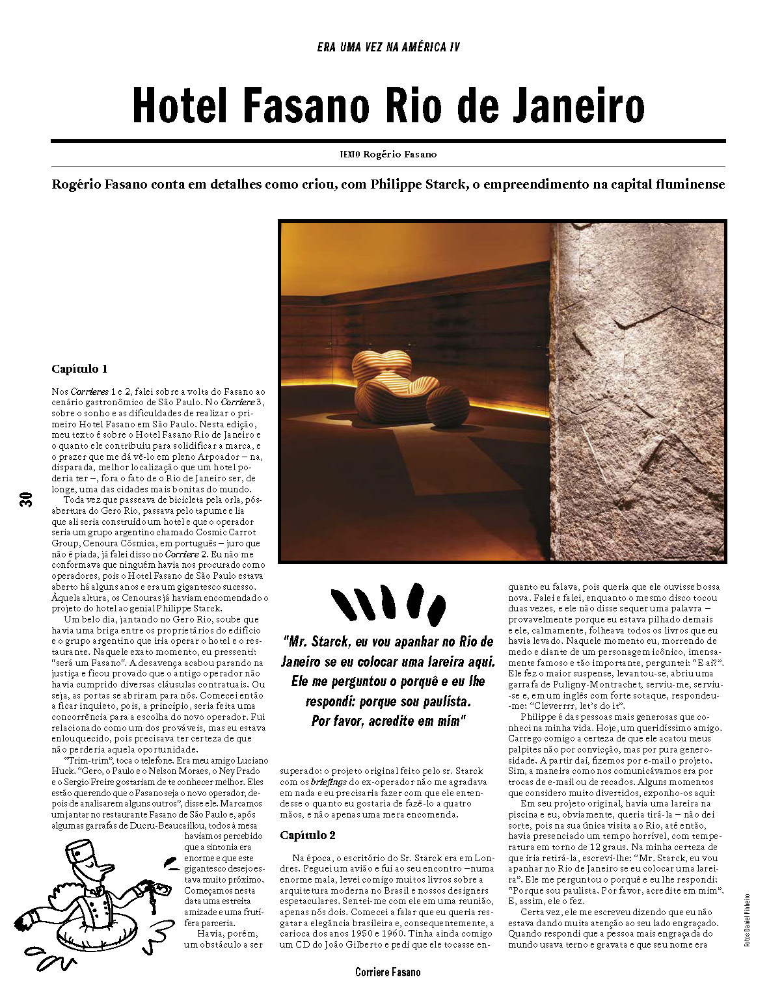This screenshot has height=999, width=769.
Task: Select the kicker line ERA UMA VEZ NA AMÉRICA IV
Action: click(388, 47)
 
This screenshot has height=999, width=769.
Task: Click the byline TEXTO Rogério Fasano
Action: click(388, 154)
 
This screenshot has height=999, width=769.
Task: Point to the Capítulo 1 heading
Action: click(79, 369)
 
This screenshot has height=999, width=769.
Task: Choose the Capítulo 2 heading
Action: click(308, 834)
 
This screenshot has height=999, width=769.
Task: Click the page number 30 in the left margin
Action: click(27, 500)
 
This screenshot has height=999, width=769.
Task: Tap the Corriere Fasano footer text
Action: click(388, 972)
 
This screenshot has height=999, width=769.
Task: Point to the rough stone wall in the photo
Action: click(638, 390)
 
